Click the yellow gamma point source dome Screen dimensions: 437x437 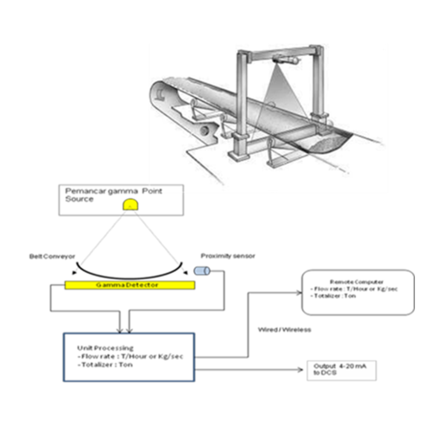(x=131, y=204)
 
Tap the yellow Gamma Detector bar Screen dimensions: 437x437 (x=130, y=285)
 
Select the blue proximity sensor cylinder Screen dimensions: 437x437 (x=202, y=271)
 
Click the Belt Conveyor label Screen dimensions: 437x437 (x=52, y=256)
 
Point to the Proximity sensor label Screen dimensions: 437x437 (x=228, y=256)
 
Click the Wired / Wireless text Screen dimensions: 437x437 (x=285, y=330)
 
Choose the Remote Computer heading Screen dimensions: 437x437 (x=356, y=282)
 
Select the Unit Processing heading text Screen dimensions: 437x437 (x=105, y=348)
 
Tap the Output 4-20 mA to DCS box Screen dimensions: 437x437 (x=342, y=371)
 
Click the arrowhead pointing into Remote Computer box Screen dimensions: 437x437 (x=299, y=293)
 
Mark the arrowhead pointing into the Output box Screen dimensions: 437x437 (x=300, y=370)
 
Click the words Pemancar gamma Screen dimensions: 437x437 (x=102, y=191)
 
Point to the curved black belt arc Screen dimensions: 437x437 (x=130, y=277)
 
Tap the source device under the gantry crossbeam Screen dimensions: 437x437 (x=286, y=59)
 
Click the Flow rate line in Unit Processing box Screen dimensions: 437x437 (x=130, y=356)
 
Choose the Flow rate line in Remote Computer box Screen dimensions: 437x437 (x=354, y=289)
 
